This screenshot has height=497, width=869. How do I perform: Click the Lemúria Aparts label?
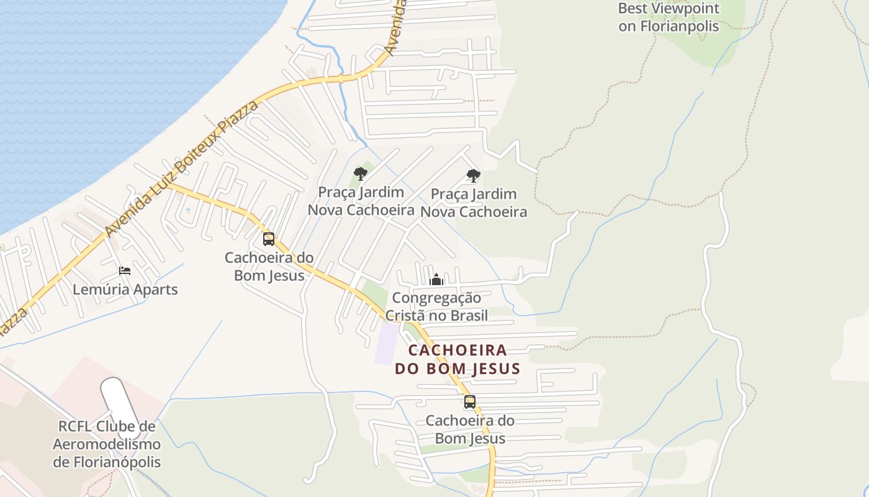coord(125,290)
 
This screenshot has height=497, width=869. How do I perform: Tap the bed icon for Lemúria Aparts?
coord(125,270)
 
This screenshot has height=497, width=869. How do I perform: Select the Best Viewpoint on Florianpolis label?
coord(669,17)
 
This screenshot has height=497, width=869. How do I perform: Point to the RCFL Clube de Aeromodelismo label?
coord(106,444)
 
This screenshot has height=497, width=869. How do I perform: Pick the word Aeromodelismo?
coord(106,444)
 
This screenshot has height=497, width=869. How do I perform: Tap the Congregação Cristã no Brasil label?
coord(436,306)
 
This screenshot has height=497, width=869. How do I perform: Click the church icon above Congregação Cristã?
coord(436,280)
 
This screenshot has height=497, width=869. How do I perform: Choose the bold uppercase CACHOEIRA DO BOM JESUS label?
coord(457,359)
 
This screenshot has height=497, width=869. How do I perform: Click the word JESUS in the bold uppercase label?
coord(496,368)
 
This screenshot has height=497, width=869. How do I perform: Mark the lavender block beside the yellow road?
coord(387,344)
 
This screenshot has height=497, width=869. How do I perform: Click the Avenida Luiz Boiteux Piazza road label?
coord(180,169)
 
